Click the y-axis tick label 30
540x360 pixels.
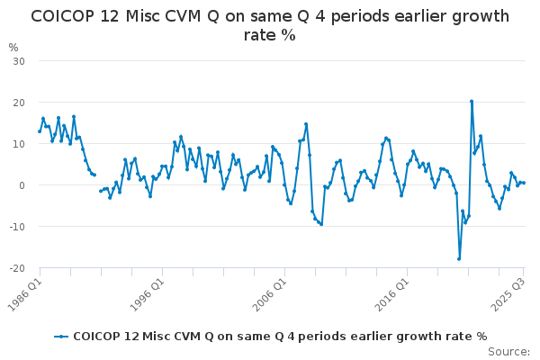(x=17, y=60)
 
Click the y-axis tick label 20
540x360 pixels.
(x=17, y=102)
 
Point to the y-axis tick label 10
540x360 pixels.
(x=17, y=143)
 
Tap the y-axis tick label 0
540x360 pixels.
(x=20, y=184)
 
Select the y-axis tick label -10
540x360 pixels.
(x=15, y=226)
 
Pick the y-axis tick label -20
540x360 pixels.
(x=15, y=267)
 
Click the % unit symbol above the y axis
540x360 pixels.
(x=13, y=47)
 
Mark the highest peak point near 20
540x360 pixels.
(x=471, y=102)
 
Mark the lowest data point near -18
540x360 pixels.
(x=459, y=259)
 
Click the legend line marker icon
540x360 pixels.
(x=61, y=337)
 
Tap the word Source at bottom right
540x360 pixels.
(x=510, y=351)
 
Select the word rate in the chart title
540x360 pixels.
(x=261, y=35)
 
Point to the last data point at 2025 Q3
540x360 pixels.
(x=523, y=183)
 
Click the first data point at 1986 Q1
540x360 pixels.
(x=40, y=131)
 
